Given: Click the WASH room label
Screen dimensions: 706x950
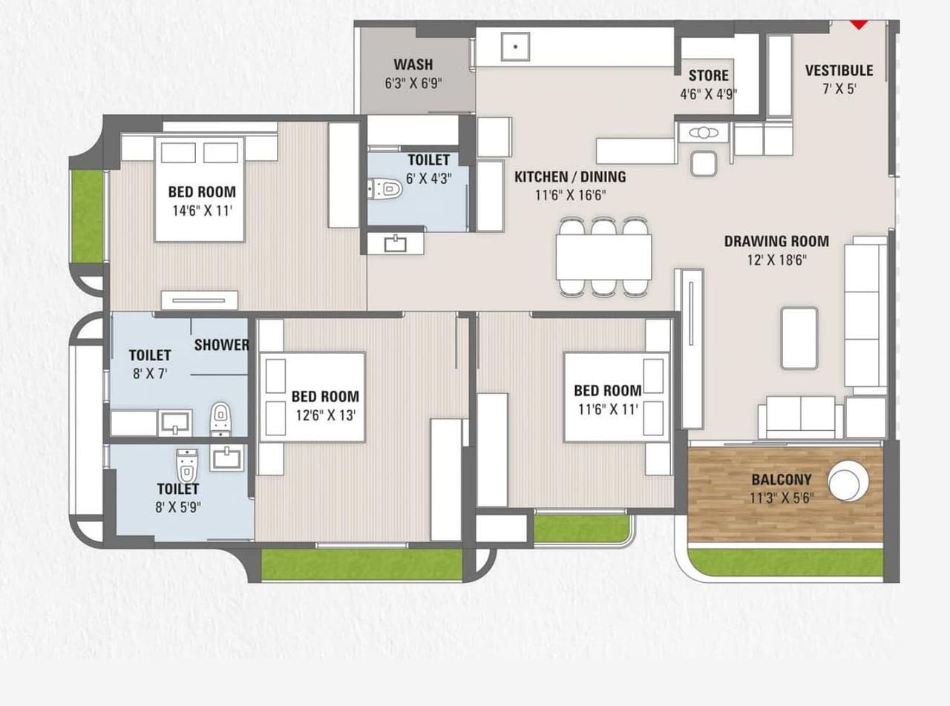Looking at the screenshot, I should (x=413, y=65).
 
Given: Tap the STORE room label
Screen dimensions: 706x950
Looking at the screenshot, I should (x=708, y=76).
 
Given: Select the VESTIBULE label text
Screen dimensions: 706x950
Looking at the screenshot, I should (x=839, y=71).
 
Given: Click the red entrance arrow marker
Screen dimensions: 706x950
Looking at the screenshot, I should (x=858, y=24).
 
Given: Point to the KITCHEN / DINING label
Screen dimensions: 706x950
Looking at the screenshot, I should (x=570, y=177).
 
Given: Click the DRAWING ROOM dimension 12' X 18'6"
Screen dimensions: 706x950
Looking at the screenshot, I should (x=776, y=260).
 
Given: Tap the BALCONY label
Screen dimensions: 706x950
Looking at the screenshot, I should (x=781, y=480).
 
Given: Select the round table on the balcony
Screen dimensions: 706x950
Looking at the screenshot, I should (x=848, y=481).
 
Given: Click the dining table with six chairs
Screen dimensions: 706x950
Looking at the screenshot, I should (x=604, y=257).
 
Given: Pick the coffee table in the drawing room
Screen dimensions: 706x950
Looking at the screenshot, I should (x=799, y=338).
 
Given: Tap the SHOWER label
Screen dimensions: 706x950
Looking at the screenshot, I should (x=221, y=346).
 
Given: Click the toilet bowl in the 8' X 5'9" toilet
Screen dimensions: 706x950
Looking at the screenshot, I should (x=186, y=465).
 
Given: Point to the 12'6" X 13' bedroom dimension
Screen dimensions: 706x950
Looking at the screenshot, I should (x=324, y=415).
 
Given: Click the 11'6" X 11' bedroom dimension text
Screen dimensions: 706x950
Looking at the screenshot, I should (x=607, y=409).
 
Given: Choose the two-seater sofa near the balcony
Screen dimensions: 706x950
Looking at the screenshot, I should (x=800, y=417).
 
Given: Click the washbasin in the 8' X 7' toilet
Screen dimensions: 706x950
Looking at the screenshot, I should (x=175, y=423).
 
